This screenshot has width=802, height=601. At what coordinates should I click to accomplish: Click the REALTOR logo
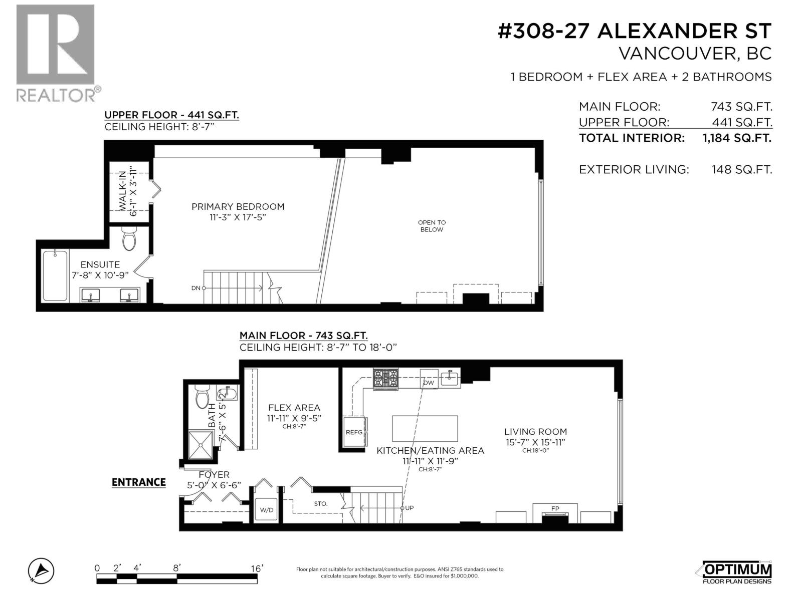click(x=55, y=53)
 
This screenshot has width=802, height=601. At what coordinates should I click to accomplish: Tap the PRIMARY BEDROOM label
click(x=238, y=206)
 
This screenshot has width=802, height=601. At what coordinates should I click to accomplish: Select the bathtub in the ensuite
click(x=55, y=275)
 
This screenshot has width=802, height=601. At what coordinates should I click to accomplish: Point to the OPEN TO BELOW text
click(x=432, y=226)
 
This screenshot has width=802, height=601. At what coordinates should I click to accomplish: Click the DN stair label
click(x=195, y=288)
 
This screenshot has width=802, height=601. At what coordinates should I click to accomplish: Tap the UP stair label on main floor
click(x=409, y=508)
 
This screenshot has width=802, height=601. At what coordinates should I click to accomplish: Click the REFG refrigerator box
click(x=354, y=432)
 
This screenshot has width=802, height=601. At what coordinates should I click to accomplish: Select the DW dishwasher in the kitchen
click(x=428, y=383)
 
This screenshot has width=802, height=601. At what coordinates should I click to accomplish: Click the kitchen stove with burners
click(x=385, y=378)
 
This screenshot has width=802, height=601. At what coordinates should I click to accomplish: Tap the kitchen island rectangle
click(x=425, y=428)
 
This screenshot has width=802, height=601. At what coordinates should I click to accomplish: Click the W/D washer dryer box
click(x=267, y=510)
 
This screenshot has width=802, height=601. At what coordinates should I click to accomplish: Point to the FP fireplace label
click(x=555, y=508)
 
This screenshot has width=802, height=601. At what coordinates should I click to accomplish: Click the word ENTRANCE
click(x=138, y=482)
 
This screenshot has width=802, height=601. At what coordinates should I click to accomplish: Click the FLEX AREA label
click(x=294, y=408)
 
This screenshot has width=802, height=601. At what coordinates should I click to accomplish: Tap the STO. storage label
click(x=321, y=503)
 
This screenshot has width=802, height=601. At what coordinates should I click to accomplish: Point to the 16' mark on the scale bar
click(x=257, y=568)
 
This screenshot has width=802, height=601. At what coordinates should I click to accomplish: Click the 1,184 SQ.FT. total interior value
click(x=737, y=138)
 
